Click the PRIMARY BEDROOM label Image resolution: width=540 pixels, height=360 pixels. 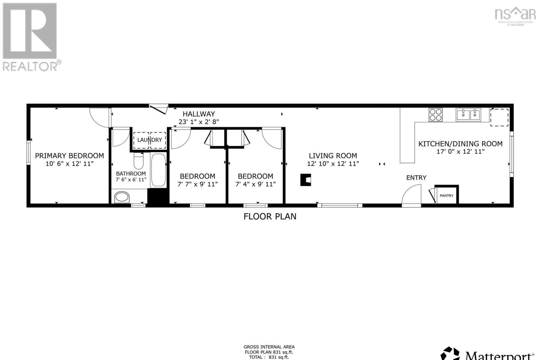pyautogui.click(x=70, y=156)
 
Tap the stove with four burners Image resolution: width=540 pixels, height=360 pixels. pyautogui.click(x=435, y=114)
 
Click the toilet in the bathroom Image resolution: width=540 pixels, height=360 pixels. pyautogui.click(x=139, y=161)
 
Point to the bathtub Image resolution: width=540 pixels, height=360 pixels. pyautogui.click(x=158, y=170)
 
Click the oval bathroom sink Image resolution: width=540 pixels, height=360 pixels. pyautogui.click(x=122, y=197)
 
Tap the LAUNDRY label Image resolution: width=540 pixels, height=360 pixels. pyautogui.click(x=150, y=140)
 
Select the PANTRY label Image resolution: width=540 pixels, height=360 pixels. pyautogui.click(x=446, y=196)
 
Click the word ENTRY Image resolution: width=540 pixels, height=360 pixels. pyautogui.click(x=416, y=178)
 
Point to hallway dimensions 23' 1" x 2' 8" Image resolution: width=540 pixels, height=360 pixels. pyautogui.click(x=199, y=122)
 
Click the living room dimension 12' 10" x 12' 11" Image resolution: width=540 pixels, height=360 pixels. pyautogui.click(x=333, y=163)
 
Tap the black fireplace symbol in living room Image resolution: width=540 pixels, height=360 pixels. pyautogui.click(x=306, y=180)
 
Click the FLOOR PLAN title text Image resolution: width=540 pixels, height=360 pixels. pyautogui.click(x=270, y=216)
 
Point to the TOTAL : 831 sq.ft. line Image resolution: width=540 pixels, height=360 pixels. pyautogui.click(x=269, y=357)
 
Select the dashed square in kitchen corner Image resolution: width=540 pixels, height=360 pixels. pyautogui.click(x=499, y=117)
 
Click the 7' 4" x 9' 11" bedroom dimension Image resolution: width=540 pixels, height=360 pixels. pyautogui.click(x=255, y=184)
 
